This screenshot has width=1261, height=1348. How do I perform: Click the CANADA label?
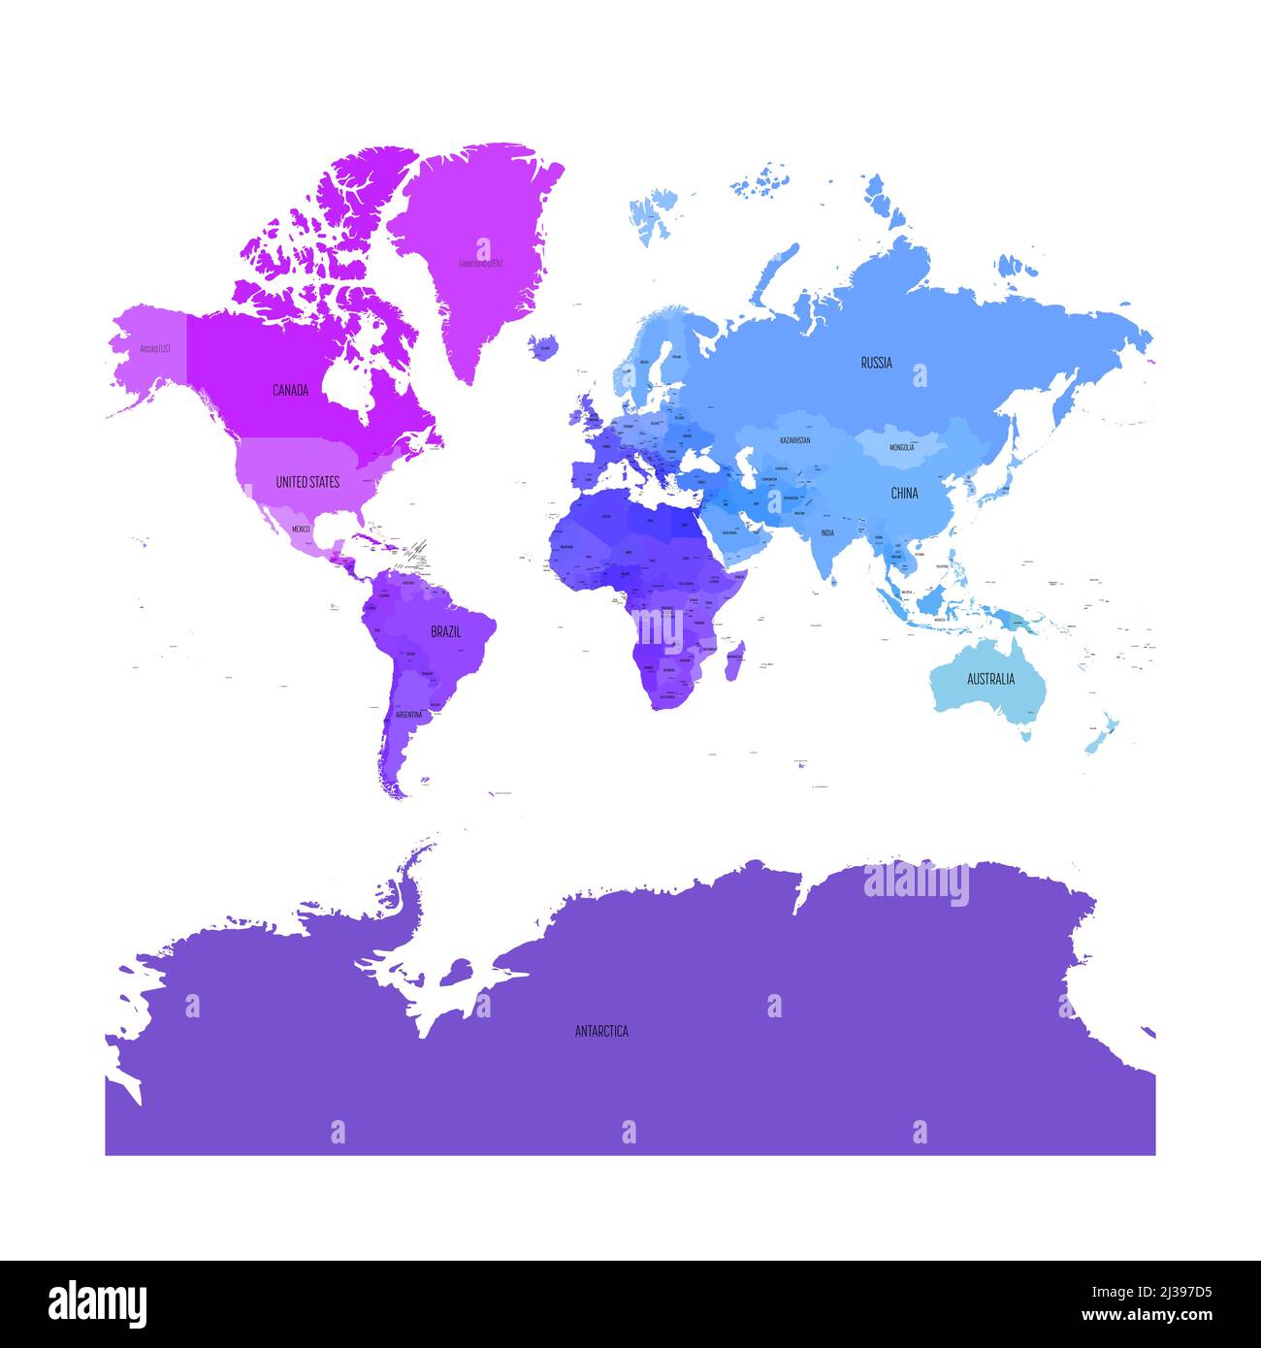click(x=290, y=391)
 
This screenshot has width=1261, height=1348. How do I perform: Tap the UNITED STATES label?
click(x=307, y=482)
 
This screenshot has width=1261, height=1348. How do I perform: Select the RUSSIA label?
click(x=876, y=364)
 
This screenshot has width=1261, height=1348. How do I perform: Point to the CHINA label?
click(x=904, y=494)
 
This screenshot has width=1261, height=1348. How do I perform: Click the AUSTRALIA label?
click(x=990, y=679)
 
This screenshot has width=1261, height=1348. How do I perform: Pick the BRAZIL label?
click(x=446, y=631)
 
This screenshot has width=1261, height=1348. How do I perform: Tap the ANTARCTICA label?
click(x=601, y=1031)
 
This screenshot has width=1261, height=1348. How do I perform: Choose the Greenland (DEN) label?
click(x=481, y=263)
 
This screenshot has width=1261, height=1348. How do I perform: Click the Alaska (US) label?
click(x=155, y=348)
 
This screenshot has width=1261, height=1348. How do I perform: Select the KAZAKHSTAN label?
click(x=794, y=440)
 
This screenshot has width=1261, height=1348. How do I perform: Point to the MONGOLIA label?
click(x=901, y=448)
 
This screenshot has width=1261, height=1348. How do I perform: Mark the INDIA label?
click(x=827, y=533)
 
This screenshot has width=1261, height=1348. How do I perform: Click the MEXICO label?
click(x=301, y=529)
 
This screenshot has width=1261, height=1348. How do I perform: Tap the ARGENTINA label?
click(x=408, y=715)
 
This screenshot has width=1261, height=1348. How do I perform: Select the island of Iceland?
click(x=544, y=346)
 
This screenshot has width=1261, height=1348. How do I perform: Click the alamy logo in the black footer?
click(x=98, y=1304)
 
